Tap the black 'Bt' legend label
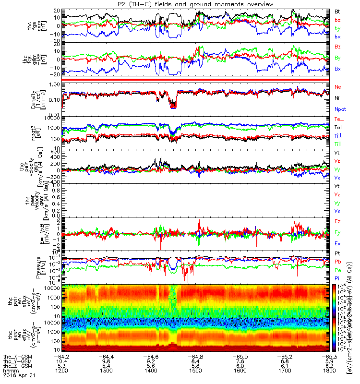(x=338, y=11)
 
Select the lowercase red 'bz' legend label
(x=338, y=20)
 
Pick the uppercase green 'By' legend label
(x=338, y=58)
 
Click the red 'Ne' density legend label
(x=338, y=87)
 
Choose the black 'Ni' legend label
(x=337, y=98)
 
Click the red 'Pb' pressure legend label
(x=338, y=262)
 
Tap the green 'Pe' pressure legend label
(x=338, y=271)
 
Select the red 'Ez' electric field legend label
(x=338, y=221)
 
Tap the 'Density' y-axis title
(x=38, y=98)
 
